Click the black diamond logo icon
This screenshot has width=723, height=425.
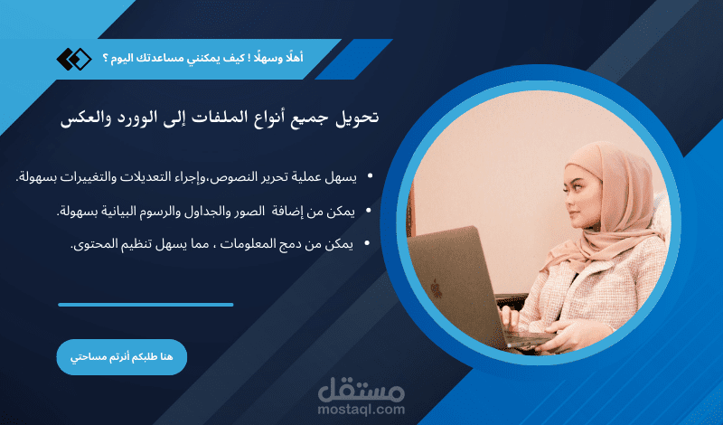coord(74,59)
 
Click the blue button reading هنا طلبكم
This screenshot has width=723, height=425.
coord(121,357)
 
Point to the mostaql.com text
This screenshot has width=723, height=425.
coord(361,410)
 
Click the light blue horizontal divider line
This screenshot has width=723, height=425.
coord(146,305)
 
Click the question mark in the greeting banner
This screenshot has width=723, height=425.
coord(105,59)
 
